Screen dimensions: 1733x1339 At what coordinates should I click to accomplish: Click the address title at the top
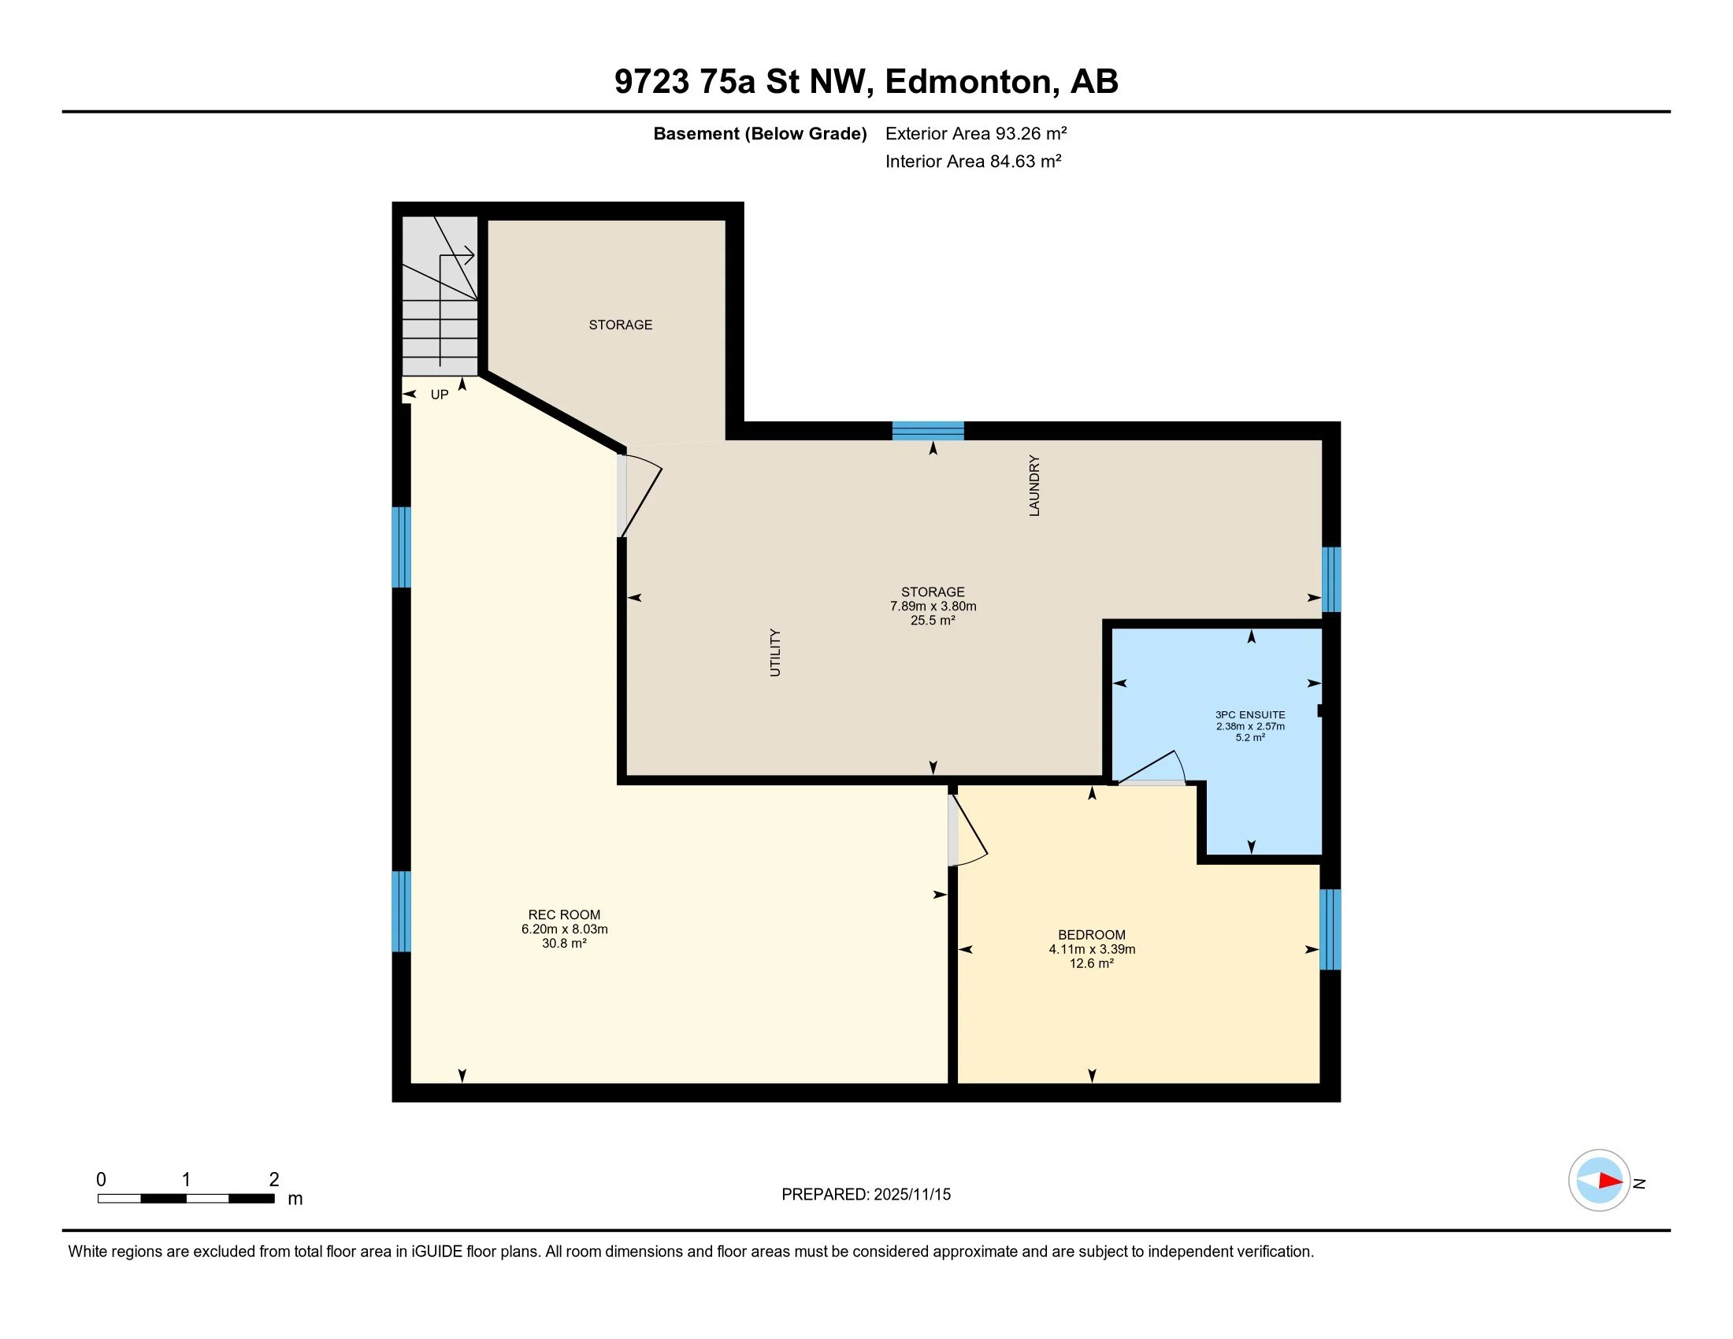[866, 82]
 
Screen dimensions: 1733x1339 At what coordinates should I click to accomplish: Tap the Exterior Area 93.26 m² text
[976, 133]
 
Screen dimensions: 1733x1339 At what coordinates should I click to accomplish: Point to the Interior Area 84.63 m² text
[974, 161]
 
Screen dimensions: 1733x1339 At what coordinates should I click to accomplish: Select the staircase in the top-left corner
[440, 296]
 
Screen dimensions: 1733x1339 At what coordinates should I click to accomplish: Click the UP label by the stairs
[440, 395]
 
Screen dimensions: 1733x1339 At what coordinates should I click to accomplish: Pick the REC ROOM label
[564, 914]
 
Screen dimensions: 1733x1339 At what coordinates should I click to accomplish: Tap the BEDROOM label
[1092, 934]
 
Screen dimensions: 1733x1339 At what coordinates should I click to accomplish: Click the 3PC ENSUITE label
[1251, 714]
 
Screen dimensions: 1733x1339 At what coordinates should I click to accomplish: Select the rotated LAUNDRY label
[1034, 485]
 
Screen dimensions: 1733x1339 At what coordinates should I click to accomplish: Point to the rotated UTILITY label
[775, 653]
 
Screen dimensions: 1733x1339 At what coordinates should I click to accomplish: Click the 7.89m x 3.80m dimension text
[933, 606]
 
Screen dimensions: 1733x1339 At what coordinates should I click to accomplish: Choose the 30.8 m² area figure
[564, 943]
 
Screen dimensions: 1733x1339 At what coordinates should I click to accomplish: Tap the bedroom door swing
[968, 829]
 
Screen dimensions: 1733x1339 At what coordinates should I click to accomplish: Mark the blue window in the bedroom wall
[1330, 929]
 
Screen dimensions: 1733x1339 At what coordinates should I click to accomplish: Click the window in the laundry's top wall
[928, 431]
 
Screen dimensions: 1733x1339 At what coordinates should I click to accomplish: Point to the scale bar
[186, 1198]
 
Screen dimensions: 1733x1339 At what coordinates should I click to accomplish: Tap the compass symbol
[1600, 1181]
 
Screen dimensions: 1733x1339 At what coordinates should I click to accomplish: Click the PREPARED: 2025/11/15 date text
[866, 1194]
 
